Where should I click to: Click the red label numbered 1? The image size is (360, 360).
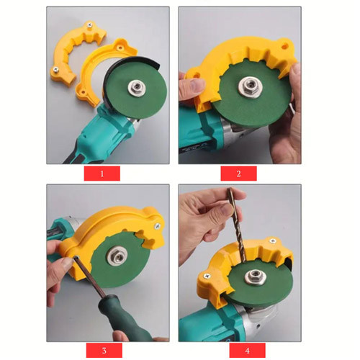[102, 174]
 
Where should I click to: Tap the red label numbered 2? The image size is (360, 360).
[238, 174]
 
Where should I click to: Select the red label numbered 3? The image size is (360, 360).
[104, 350]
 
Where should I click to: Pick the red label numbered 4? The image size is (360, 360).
[247, 350]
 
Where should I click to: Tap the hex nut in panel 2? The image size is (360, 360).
[248, 86]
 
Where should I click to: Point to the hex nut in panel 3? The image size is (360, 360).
[116, 257]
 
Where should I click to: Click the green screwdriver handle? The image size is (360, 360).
[124, 318]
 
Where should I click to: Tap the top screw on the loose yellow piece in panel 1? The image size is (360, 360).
[90, 24]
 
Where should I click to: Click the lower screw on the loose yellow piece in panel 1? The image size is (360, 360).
[55, 69]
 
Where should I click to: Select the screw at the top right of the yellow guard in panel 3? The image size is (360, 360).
[158, 225]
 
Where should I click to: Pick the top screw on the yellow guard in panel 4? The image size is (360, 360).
[272, 240]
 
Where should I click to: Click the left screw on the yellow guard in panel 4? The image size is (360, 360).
[207, 276]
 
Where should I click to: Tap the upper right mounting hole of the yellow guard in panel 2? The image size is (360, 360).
[284, 45]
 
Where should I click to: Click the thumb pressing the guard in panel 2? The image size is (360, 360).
[192, 84]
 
